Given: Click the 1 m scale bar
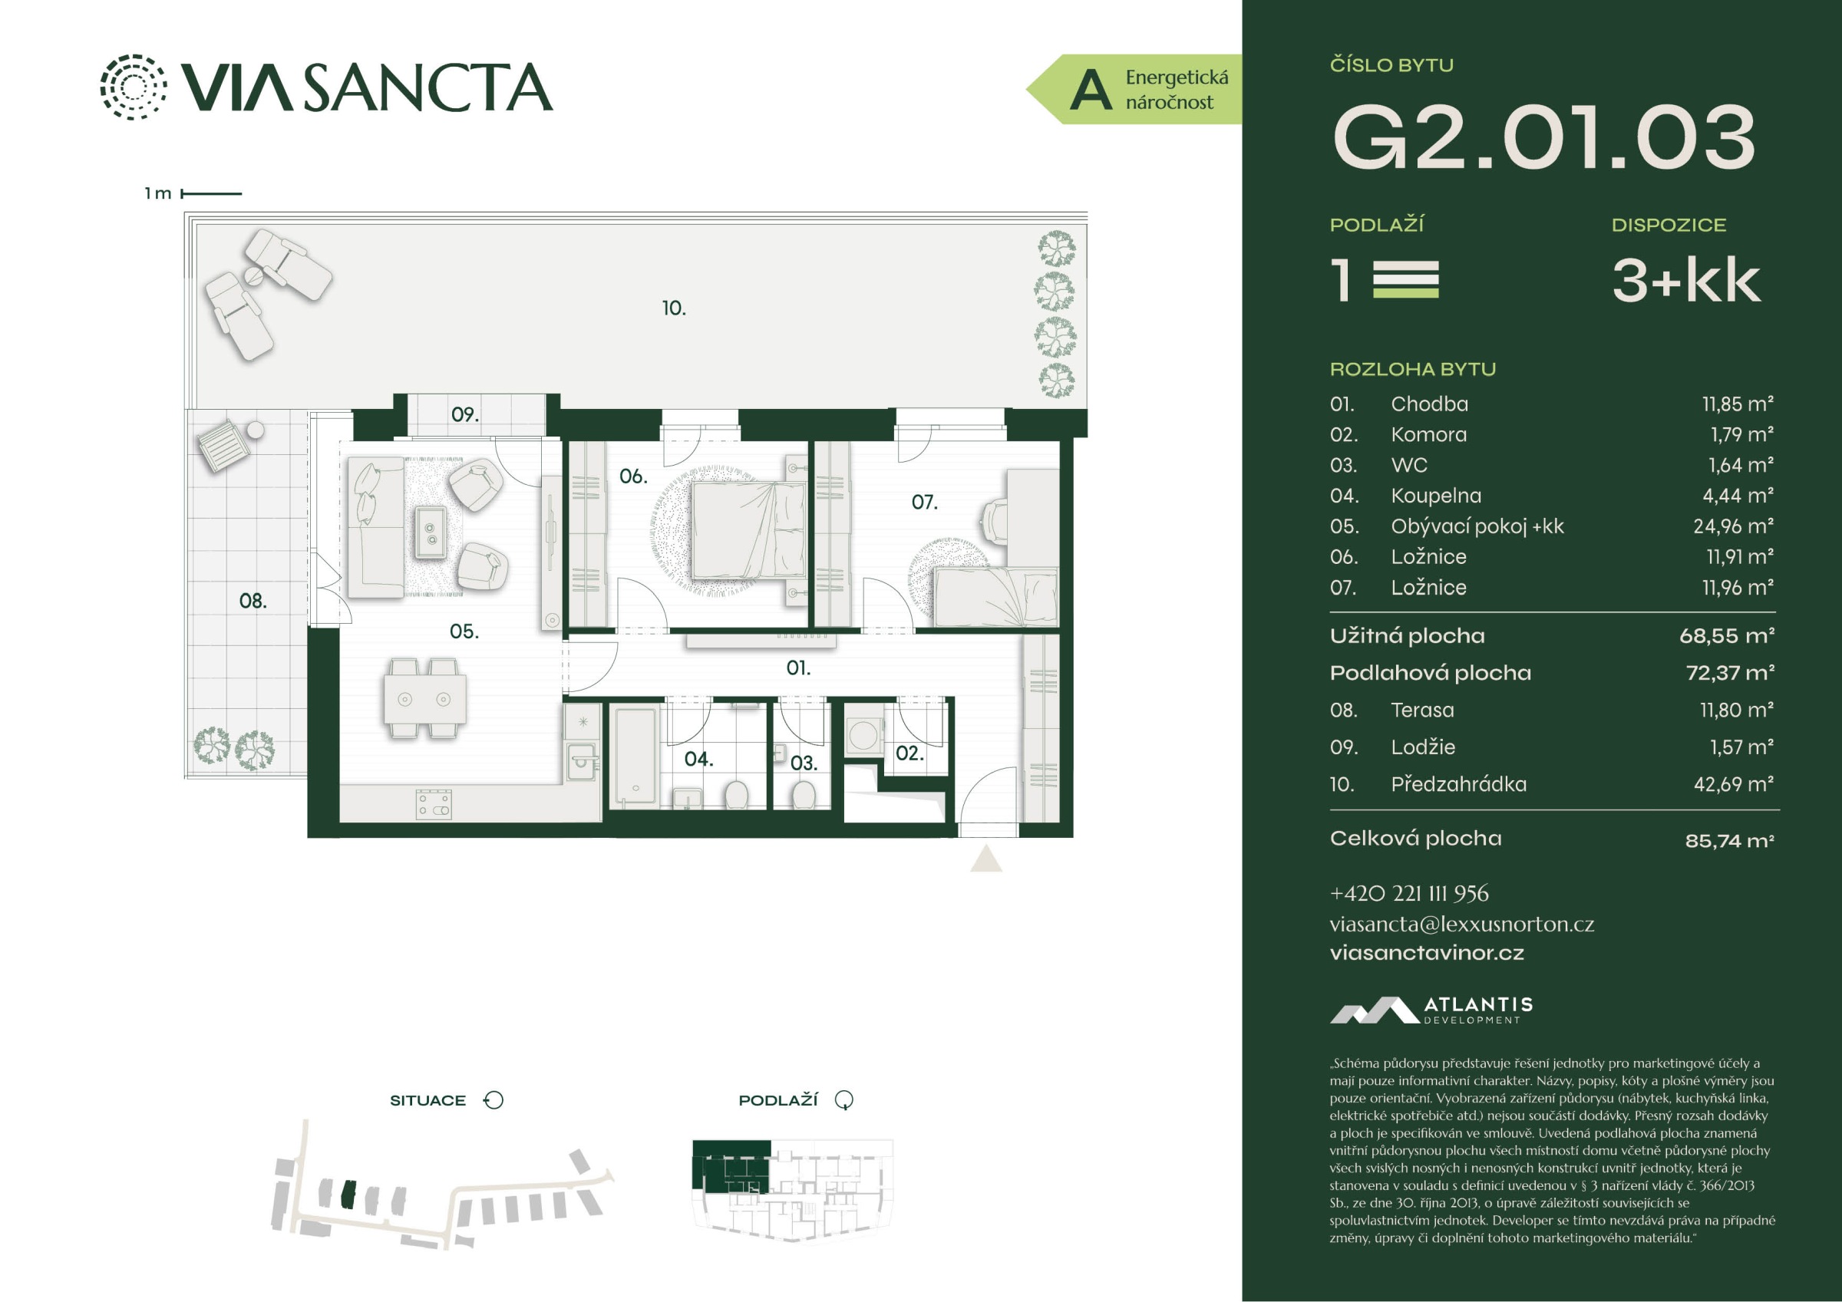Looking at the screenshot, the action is (x=212, y=193).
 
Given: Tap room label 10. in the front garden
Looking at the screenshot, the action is (x=674, y=308).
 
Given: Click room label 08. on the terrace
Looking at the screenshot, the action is (x=253, y=600).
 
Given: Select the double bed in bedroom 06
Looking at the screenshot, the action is (x=748, y=529).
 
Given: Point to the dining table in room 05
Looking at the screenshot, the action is (x=425, y=699).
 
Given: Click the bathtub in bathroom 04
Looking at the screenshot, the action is (x=636, y=755).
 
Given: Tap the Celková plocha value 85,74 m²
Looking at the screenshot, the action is (x=1730, y=841).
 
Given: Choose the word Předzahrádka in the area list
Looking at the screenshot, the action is (x=1458, y=784).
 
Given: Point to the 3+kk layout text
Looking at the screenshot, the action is (x=1686, y=281).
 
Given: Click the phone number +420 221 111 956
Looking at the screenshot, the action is (x=1409, y=894).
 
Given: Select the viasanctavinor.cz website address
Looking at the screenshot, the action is (x=1427, y=953).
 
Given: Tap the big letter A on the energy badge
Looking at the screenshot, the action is (x=1091, y=89).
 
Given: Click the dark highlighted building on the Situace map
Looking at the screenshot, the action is (x=348, y=1195).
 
